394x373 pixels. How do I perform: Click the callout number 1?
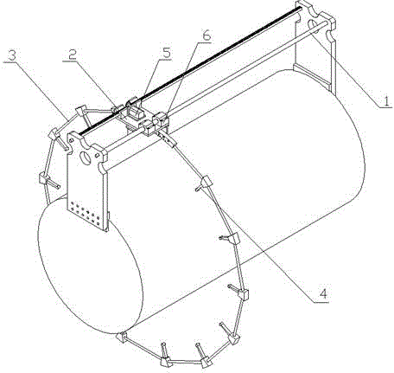[x=386, y=101]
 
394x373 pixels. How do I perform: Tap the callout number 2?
[x=72, y=55]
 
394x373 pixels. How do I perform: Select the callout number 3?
[x=11, y=55]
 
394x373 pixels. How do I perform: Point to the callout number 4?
[x=323, y=293]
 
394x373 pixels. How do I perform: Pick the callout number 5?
[x=166, y=53]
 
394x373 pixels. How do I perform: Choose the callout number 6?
[x=207, y=35]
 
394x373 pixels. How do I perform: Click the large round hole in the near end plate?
[x=86, y=158]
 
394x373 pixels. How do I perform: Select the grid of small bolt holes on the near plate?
[x=85, y=214]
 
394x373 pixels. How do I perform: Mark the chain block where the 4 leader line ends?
[x=206, y=183]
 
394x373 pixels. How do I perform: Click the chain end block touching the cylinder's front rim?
[x=121, y=337]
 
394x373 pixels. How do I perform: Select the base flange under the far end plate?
[x=312, y=76]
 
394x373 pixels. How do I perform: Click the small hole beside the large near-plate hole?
[x=98, y=156]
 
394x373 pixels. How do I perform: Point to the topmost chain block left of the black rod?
[x=81, y=110]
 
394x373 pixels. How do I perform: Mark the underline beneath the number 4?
[x=321, y=302]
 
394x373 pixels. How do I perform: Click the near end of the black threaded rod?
[x=79, y=133]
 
